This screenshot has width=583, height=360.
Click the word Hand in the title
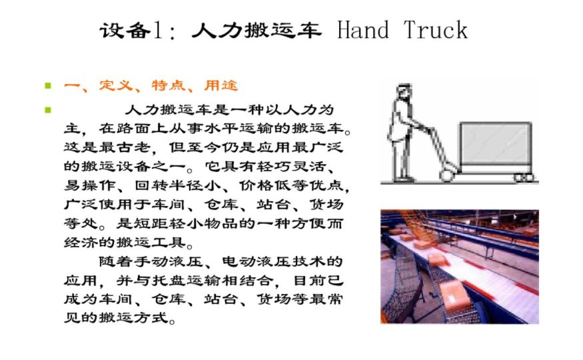(363, 30)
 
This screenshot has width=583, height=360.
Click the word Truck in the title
(435, 30)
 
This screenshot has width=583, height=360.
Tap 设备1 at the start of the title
(131, 31)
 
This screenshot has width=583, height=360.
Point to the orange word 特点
(169, 85)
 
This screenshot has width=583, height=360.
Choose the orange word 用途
(221, 85)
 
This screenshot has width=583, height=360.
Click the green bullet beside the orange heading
(48, 86)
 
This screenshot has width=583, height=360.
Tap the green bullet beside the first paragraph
(48, 110)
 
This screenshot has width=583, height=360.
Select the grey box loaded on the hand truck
(496, 143)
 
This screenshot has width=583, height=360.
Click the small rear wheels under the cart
(524, 177)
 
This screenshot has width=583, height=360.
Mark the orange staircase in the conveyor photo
(412, 223)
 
